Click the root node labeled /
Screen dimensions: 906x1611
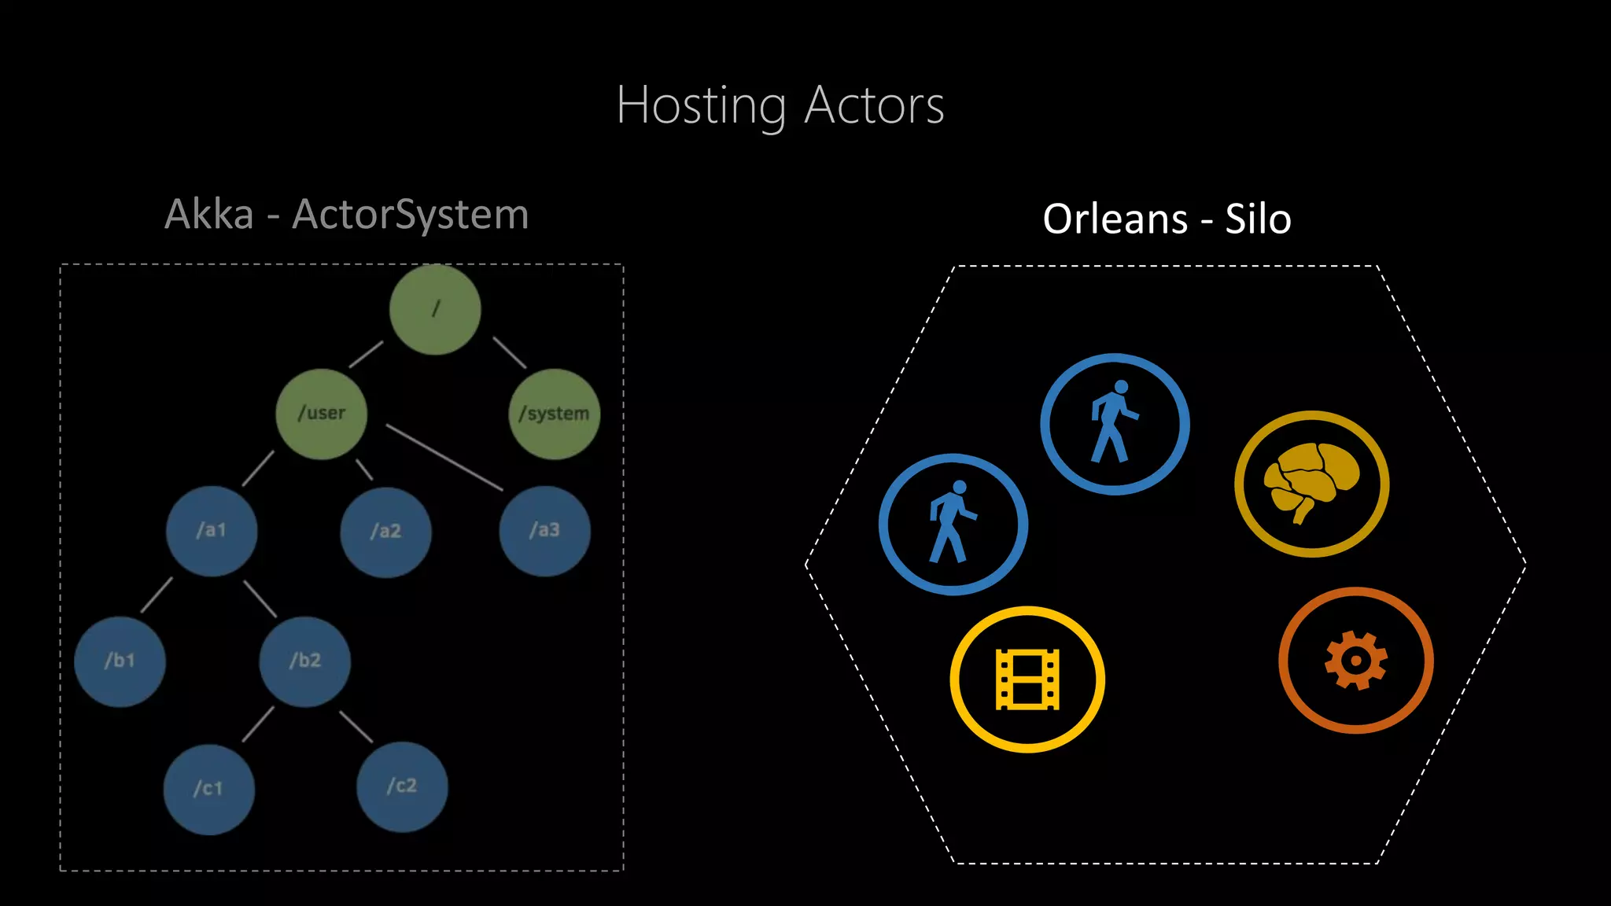[435, 309]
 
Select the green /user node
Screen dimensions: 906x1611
[321, 414]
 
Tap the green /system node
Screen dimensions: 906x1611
[555, 414]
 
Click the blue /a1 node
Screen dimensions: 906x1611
[212, 531]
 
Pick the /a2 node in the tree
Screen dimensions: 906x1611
[385, 532]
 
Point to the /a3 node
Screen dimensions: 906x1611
[544, 531]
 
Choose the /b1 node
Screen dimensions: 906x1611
[120, 661]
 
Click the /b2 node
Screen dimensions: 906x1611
[305, 661]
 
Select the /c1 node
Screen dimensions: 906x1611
[208, 789]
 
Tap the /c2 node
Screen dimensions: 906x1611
[402, 786]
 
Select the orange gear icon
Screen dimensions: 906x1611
[1355, 661]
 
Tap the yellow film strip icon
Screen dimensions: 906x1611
[1027, 679]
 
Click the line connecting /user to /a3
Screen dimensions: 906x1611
[444, 458]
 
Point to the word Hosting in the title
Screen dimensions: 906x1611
[700, 106]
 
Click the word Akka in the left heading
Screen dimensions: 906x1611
[209, 214]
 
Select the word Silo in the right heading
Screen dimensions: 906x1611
[1258, 219]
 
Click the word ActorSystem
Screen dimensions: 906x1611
[410, 214]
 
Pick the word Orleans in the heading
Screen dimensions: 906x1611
[1115, 219]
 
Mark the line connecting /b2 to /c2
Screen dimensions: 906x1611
[356, 727]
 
